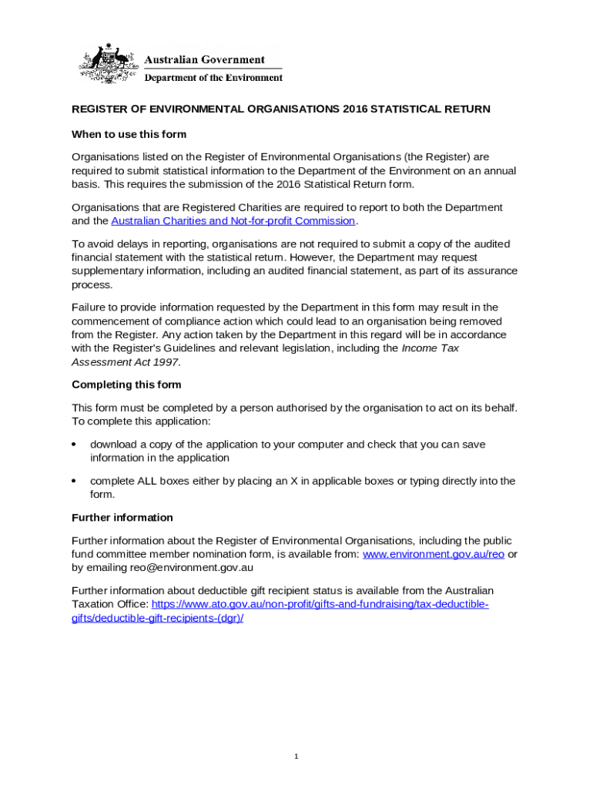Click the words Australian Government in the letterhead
[x=205, y=60]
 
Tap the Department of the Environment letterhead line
[x=213, y=78]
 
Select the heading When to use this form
[x=129, y=134]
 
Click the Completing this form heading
[x=126, y=384]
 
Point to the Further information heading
[x=122, y=518]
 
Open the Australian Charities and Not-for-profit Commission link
[x=233, y=221]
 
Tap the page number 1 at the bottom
[x=296, y=757]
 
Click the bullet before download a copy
[x=74, y=445]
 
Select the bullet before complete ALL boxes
[x=74, y=481]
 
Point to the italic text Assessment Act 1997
[x=126, y=362]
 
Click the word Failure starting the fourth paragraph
[x=89, y=307]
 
